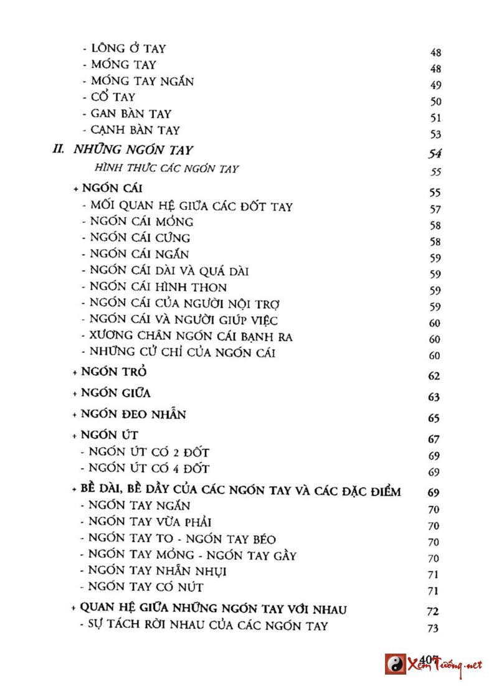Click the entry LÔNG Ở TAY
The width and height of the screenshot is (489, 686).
(128, 48)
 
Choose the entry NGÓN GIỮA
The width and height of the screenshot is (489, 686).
(116, 393)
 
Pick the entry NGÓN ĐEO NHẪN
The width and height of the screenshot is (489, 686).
(133, 414)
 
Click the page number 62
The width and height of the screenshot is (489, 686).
(434, 376)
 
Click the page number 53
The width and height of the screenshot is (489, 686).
(435, 134)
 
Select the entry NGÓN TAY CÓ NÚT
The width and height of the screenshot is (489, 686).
(146, 586)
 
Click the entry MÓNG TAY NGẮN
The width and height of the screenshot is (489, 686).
(142, 81)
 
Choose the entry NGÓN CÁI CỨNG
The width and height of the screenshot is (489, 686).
(140, 237)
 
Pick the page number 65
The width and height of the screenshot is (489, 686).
(434, 418)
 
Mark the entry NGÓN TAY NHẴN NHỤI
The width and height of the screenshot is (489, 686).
(157, 570)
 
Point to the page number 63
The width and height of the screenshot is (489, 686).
(434, 397)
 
